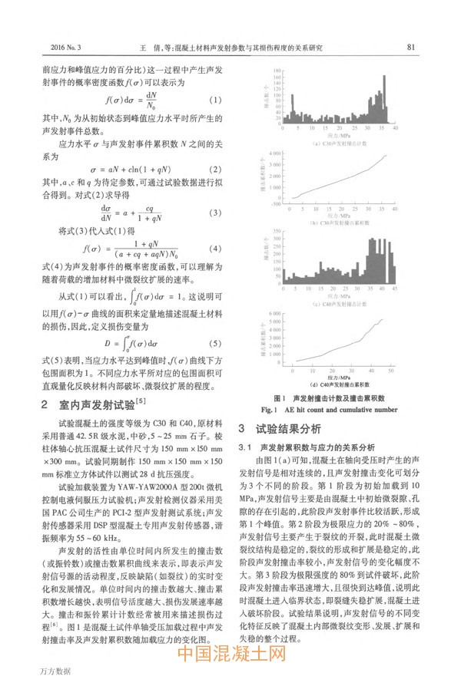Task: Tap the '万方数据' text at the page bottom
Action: pyautogui.click(x=55, y=671)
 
